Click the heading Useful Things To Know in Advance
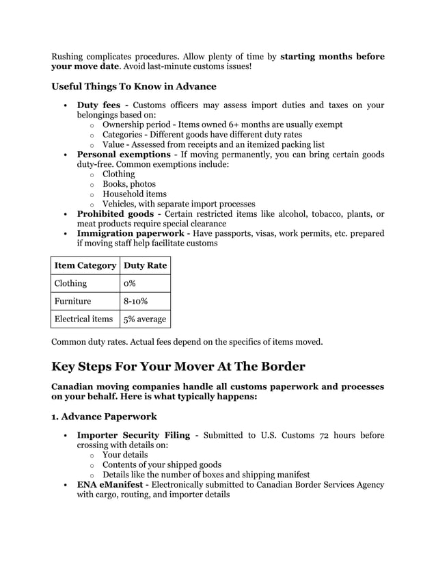tap(134, 87)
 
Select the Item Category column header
tap(86, 265)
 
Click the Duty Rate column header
tap(145, 265)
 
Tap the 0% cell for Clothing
tap(129, 283)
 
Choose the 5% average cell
tap(144, 319)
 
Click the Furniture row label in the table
tap(73, 301)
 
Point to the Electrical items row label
tap(85, 319)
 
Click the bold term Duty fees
tap(98, 105)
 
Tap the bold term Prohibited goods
tap(115, 214)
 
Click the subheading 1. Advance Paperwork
tap(104, 416)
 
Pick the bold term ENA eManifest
tap(111, 484)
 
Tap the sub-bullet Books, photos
tap(129, 184)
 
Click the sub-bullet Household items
tap(135, 194)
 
